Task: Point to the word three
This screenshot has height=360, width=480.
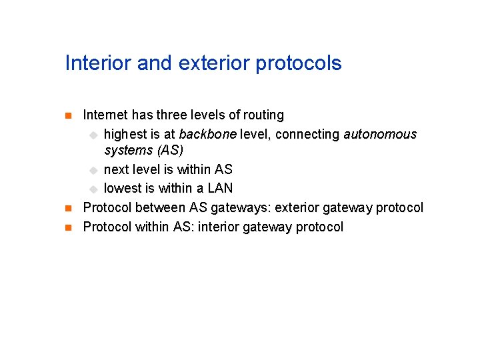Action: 172,115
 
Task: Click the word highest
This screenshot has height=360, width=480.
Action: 127,135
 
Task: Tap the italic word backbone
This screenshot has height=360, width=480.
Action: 207,134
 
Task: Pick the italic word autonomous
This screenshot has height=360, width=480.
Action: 380,134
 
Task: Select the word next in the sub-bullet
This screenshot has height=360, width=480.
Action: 117,169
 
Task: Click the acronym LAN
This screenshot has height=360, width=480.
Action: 219,188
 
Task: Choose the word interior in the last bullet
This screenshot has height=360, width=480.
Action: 219,227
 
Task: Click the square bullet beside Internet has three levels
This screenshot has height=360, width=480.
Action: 67,116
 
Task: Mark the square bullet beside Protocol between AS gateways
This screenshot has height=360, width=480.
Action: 67,208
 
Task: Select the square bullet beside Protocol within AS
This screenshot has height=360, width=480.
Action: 67,227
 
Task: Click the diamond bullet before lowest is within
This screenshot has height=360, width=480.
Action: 93,189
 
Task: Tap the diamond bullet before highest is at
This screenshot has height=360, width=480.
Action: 93,135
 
